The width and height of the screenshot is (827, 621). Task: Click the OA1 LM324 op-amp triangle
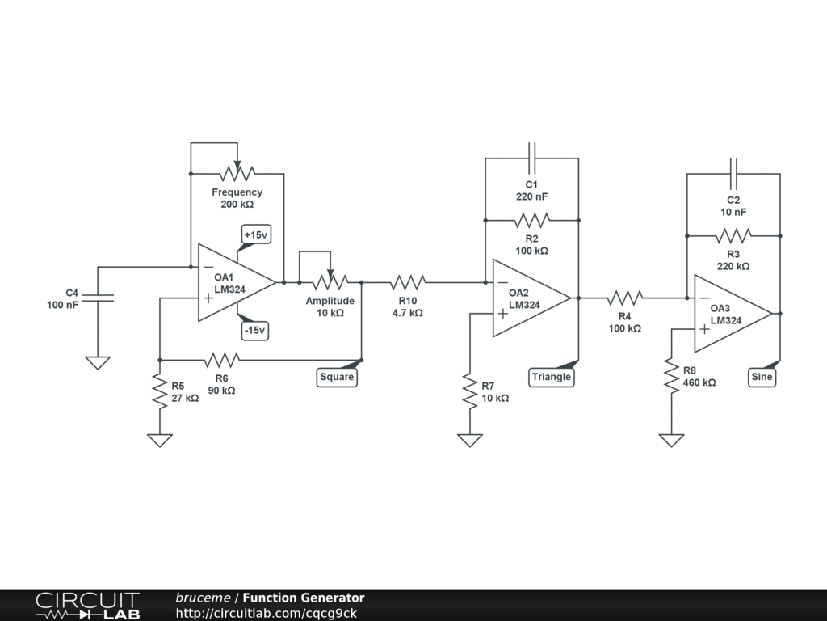click(x=234, y=283)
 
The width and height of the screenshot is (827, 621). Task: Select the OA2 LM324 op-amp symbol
click(x=529, y=298)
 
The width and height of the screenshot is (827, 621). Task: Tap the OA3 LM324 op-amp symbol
click(x=731, y=314)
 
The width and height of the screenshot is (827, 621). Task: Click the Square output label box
click(x=337, y=377)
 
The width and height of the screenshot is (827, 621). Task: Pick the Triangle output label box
click(x=552, y=377)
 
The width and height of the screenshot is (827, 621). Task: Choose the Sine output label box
click(x=762, y=377)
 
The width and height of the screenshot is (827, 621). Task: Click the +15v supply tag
click(x=255, y=234)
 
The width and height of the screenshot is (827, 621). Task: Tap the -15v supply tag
click(x=255, y=331)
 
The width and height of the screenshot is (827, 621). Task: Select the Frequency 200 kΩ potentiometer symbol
click(x=237, y=172)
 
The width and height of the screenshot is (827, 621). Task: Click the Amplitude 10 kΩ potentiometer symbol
click(x=330, y=281)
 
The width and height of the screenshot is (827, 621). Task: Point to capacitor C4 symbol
click(x=98, y=298)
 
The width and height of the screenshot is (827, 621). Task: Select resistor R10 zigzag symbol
click(x=408, y=282)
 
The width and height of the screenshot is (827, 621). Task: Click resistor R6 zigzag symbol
click(x=222, y=359)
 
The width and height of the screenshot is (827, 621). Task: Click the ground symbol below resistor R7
click(x=470, y=440)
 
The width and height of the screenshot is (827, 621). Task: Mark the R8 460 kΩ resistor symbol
click(x=670, y=376)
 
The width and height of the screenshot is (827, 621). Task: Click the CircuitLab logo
click(x=87, y=606)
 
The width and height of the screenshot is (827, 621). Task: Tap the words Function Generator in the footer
click(x=304, y=598)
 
